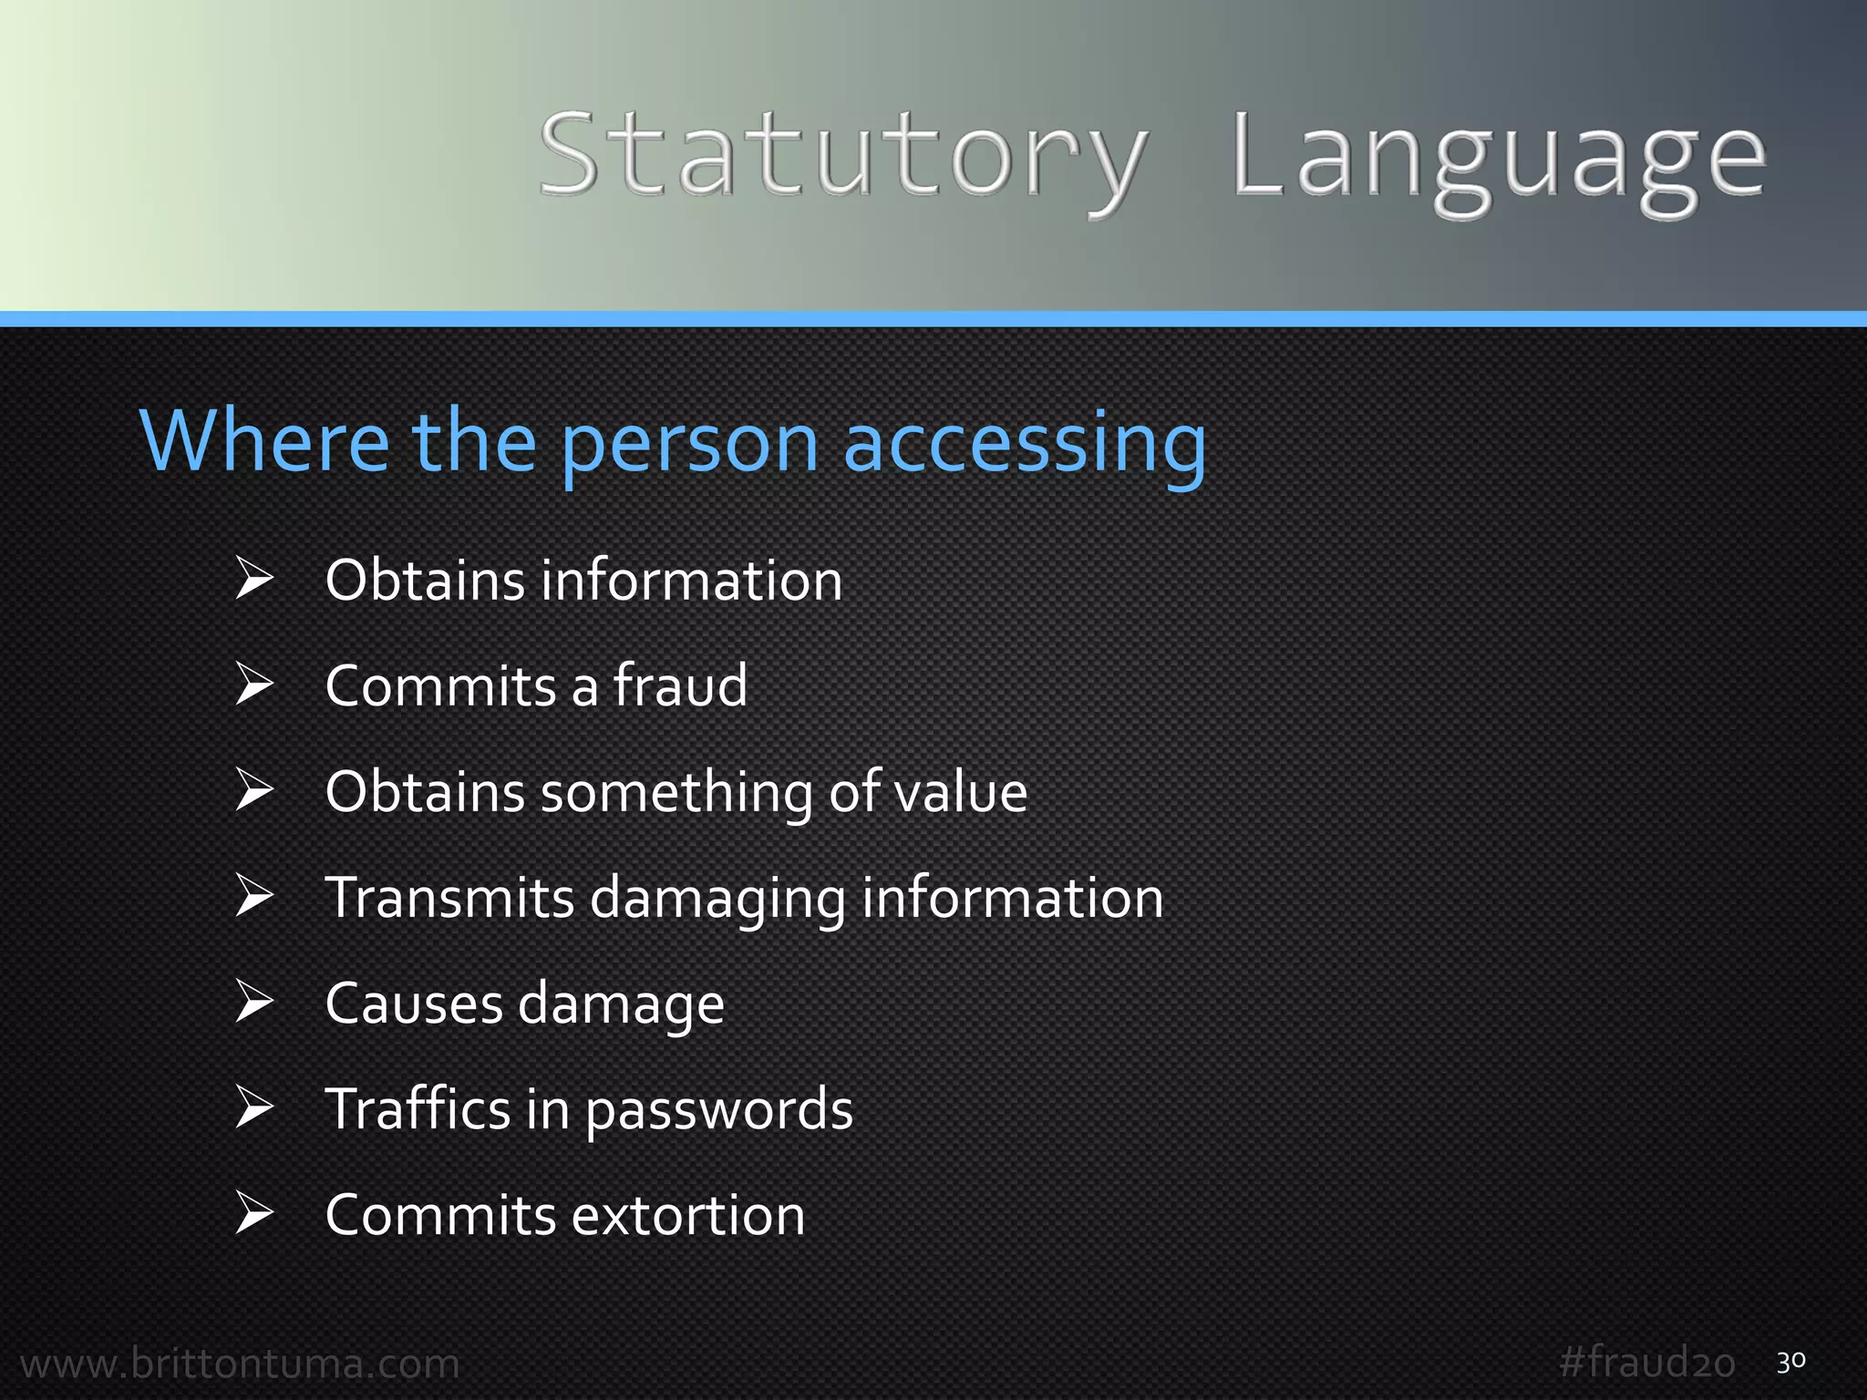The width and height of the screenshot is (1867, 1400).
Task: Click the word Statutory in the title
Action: (842, 155)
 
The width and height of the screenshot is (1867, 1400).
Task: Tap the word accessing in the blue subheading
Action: (1025, 444)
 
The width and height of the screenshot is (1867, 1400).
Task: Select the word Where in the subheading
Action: (265, 440)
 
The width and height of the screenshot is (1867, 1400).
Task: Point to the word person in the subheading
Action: (690, 444)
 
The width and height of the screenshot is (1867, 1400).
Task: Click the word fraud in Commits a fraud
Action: (680, 685)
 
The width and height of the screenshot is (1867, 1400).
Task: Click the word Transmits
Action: (449, 897)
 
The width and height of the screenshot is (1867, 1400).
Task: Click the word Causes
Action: (413, 1004)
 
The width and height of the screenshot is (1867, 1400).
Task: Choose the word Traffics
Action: (418, 1108)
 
